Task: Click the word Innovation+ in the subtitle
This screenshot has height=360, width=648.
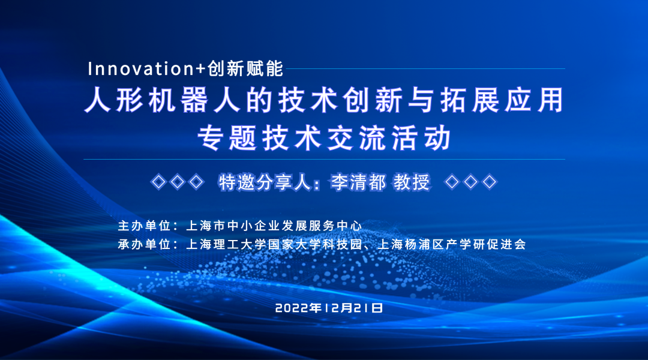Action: click(147, 68)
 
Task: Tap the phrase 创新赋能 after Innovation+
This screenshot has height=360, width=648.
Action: click(245, 68)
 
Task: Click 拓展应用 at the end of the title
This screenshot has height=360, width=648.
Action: click(502, 100)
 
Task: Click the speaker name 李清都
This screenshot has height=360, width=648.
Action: click(358, 182)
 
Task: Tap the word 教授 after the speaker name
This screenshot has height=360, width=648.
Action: click(412, 182)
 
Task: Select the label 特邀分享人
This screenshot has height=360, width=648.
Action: click(265, 182)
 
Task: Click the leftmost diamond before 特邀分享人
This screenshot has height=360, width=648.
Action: click(158, 182)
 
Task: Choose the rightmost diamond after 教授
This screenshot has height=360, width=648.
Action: click(490, 182)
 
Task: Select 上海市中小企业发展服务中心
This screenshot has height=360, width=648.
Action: click(274, 226)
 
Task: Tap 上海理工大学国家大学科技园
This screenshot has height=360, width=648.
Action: click(274, 244)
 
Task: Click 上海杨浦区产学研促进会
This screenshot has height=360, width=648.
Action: click(452, 244)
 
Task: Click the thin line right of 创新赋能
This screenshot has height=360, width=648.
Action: click(425, 68)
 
